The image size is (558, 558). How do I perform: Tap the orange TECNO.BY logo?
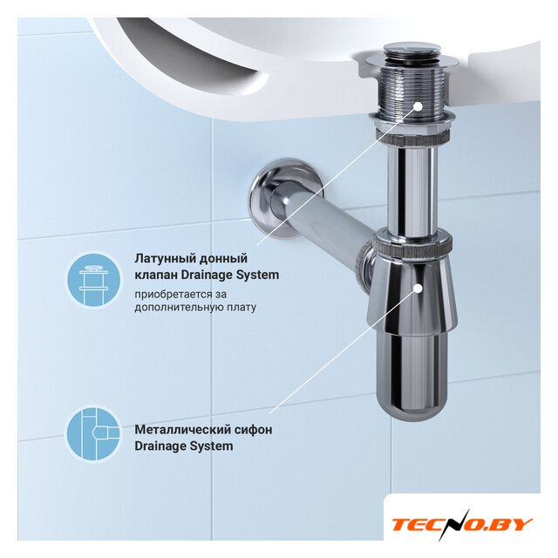462,524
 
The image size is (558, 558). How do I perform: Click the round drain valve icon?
92,280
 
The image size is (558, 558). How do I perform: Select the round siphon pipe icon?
94,433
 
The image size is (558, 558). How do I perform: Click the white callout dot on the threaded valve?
418,106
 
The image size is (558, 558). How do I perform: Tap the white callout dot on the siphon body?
418,288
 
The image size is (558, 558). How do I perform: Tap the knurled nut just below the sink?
413,136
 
